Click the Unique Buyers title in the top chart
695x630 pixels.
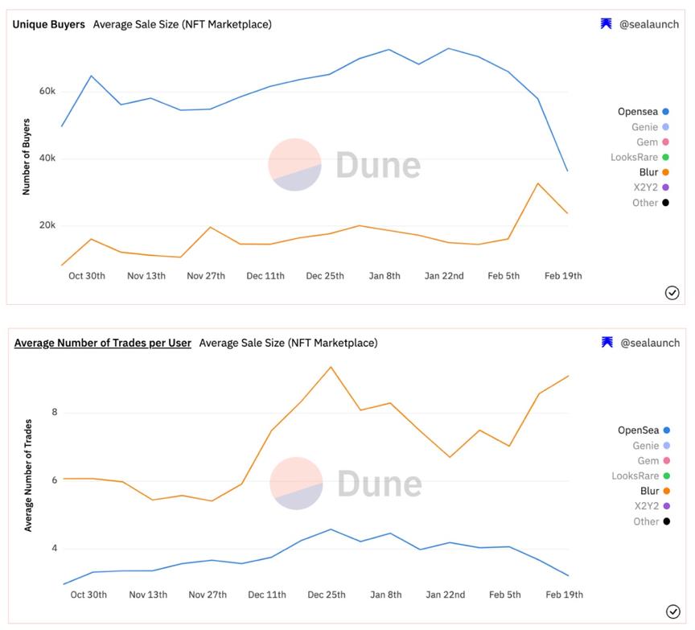pos(48,24)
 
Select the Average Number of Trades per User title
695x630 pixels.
pos(102,343)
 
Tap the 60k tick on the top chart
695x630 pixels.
pos(47,91)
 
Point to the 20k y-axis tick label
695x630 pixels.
pos(47,225)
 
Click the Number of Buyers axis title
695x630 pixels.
pos(26,157)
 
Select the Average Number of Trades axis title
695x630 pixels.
pos(28,475)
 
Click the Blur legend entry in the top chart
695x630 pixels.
pos(648,172)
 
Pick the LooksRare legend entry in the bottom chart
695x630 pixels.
pos(635,476)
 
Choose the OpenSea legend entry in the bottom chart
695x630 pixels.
pos(638,430)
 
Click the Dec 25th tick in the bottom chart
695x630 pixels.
pos(326,595)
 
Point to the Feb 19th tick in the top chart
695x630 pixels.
pos(563,276)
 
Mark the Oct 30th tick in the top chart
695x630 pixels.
pos(87,276)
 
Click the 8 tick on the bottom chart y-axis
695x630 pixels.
pos(55,413)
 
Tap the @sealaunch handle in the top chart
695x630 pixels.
pos(648,24)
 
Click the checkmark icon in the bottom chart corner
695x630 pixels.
pos(672,611)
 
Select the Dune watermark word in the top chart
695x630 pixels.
pos(377,165)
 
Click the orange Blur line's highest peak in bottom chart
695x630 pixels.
pos(331,367)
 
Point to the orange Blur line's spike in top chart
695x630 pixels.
pos(537,183)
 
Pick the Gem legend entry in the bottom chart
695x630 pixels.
pos(648,460)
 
